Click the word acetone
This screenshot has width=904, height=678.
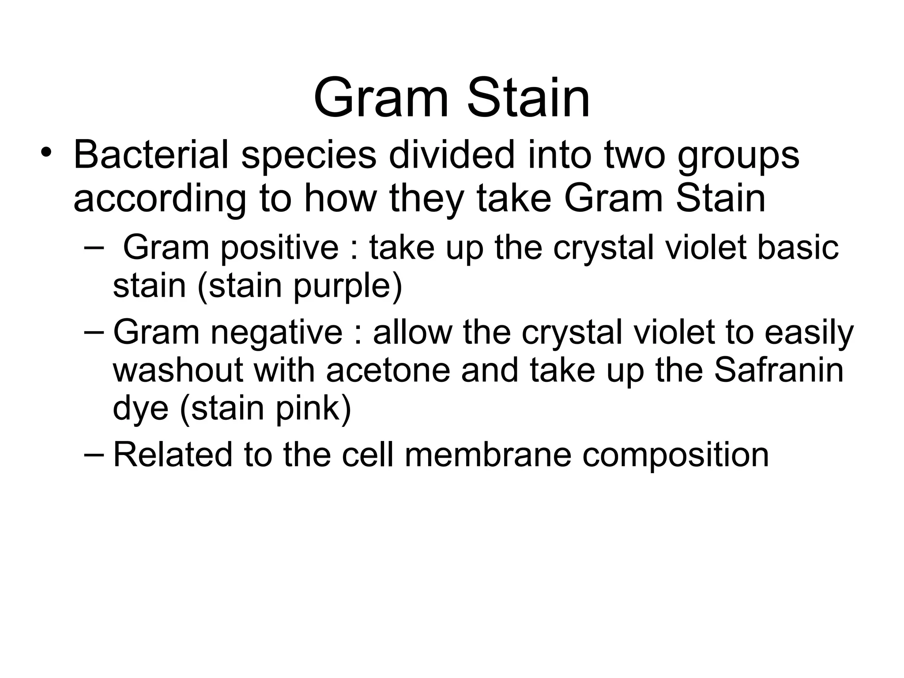(388, 370)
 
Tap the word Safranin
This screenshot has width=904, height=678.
(779, 369)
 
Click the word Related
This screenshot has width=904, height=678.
(173, 454)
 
